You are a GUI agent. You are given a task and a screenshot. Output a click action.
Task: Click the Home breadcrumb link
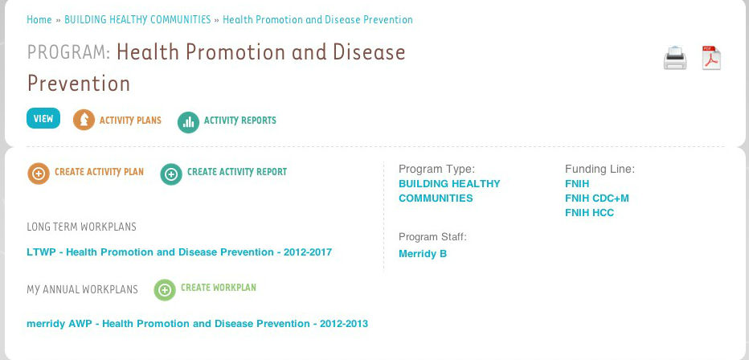coord(39,19)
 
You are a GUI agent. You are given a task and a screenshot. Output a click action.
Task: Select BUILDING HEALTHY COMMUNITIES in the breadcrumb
coord(137,19)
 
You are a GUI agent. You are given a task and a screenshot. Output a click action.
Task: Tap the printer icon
coord(675,58)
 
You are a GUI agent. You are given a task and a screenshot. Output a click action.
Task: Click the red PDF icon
coord(711,58)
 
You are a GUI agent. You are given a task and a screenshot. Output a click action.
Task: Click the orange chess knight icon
coord(84,120)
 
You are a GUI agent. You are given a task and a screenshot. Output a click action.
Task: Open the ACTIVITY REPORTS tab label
coord(240,121)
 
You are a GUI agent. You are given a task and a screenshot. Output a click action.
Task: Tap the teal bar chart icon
coord(188,122)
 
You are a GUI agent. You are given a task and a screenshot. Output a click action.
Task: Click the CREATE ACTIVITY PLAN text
coord(100,172)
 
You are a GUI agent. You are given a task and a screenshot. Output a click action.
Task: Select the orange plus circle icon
coord(39,174)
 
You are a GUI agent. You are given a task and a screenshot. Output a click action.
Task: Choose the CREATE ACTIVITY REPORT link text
coord(237,172)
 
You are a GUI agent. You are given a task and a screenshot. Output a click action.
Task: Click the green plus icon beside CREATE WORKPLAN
coord(165,290)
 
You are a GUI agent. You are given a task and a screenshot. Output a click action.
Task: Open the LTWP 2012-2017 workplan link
coord(179,252)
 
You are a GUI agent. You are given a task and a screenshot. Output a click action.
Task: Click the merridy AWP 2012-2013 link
coord(197,324)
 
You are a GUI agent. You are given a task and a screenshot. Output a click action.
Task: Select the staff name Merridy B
coord(423,254)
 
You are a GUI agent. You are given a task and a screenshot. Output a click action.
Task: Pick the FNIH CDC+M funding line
coord(597,198)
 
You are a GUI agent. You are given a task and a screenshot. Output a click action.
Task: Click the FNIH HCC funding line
coord(589,212)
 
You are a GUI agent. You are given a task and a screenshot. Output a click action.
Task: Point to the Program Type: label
coord(437,169)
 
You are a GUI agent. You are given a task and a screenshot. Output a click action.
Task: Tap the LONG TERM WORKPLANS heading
coord(82,227)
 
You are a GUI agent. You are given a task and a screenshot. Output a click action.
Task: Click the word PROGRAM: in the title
coord(69,52)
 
